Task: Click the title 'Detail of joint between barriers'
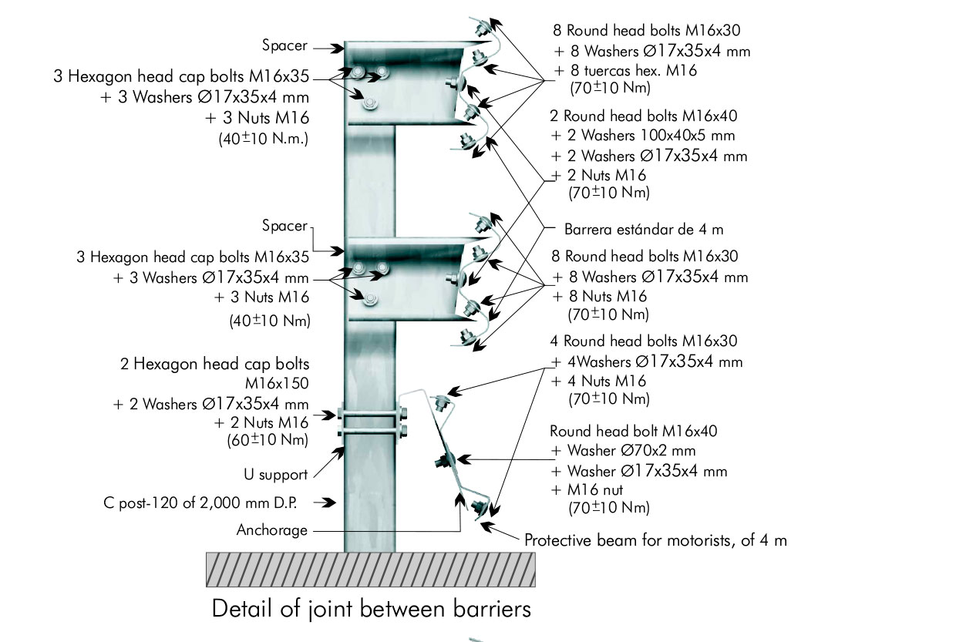point(371,609)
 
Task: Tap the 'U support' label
point(271,475)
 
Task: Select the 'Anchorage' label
point(272,530)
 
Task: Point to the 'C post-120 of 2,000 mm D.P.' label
point(200,503)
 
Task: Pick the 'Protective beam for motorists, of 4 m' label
point(655,540)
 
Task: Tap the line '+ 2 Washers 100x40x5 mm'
point(644,136)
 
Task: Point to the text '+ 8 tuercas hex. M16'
point(625,71)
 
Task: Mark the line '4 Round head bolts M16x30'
point(643,341)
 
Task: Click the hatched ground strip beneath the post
point(370,570)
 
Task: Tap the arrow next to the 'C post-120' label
point(327,503)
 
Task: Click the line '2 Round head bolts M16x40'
point(644,116)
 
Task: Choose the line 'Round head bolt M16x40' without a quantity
point(633,431)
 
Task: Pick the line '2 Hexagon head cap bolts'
point(215,364)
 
